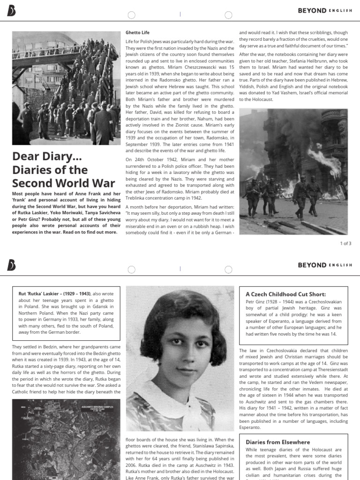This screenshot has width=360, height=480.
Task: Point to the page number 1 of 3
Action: pos(345,243)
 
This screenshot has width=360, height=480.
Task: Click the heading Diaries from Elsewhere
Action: pos(277,442)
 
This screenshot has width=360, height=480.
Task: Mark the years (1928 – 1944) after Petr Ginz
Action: pos(280,302)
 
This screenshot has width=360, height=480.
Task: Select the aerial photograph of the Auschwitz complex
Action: pos(66,439)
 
